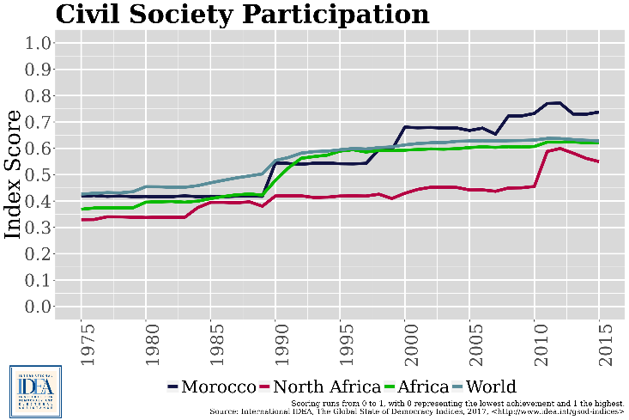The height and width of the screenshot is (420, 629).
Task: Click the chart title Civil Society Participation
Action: click(242, 15)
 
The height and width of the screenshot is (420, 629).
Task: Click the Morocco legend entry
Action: click(211, 387)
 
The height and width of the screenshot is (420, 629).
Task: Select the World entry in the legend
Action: click(485, 387)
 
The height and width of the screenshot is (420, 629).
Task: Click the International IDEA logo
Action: click(35, 392)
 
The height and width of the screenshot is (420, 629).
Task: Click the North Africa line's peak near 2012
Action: click(560, 149)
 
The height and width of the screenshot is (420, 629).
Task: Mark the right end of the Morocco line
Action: click(597, 113)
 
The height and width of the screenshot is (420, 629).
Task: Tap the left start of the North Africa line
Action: click(82, 220)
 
